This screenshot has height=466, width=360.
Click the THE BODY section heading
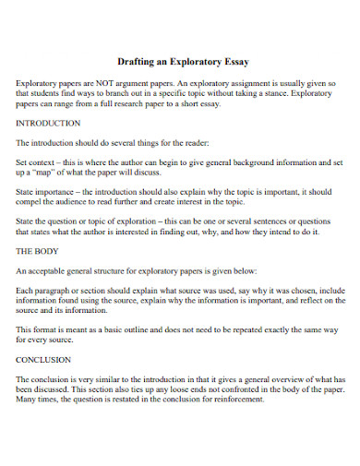(x=37, y=249)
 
